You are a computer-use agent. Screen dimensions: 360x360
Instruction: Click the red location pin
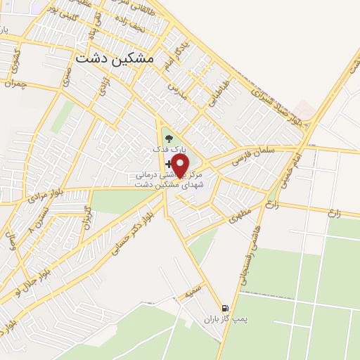point(181,166)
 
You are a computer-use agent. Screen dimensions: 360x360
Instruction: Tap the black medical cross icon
point(169,163)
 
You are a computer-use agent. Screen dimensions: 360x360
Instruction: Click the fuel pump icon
point(225,307)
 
